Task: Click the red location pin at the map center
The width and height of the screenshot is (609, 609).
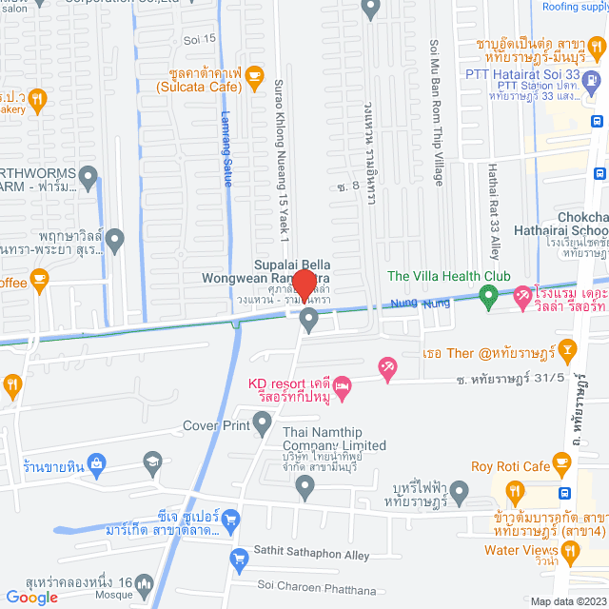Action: coord(304,285)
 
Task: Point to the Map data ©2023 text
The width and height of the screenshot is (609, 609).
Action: coord(567,601)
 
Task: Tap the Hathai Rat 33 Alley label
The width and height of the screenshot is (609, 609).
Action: coord(493,211)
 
